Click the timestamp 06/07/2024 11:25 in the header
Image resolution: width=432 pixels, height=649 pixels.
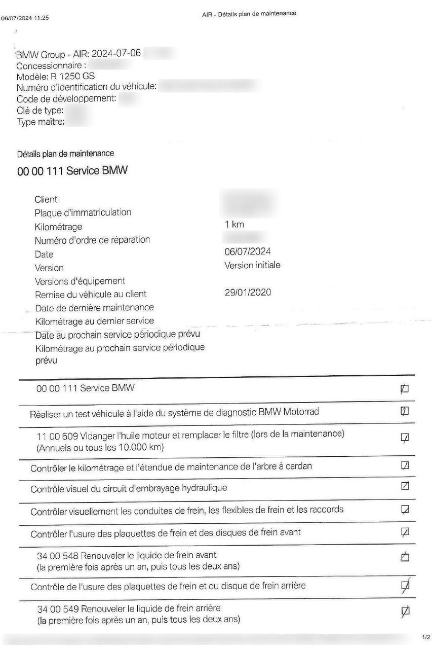[25, 18]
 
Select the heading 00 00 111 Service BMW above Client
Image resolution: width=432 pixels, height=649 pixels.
[72, 171]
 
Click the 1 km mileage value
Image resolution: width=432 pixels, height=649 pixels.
[234, 224]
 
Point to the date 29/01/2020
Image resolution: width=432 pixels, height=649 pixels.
[248, 292]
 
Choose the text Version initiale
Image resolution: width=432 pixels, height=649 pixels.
[252, 265]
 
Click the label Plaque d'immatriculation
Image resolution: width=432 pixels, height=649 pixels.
[83, 213]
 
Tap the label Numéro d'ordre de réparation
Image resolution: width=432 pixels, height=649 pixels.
[92, 240]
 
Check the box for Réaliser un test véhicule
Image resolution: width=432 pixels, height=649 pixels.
[405, 411]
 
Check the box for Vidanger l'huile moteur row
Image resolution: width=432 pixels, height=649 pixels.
[405, 437]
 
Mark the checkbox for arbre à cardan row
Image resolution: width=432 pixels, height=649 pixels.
[405, 465]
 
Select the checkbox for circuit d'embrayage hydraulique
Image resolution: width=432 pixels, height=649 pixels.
[405, 486]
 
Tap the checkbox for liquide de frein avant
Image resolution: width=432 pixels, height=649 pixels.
[405, 557]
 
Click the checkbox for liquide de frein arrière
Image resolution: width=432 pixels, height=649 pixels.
[405, 611]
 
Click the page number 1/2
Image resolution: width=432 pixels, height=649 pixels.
[425, 636]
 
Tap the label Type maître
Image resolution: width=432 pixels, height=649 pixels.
[41, 122]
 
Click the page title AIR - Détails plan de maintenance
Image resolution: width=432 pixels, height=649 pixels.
[249, 14]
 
